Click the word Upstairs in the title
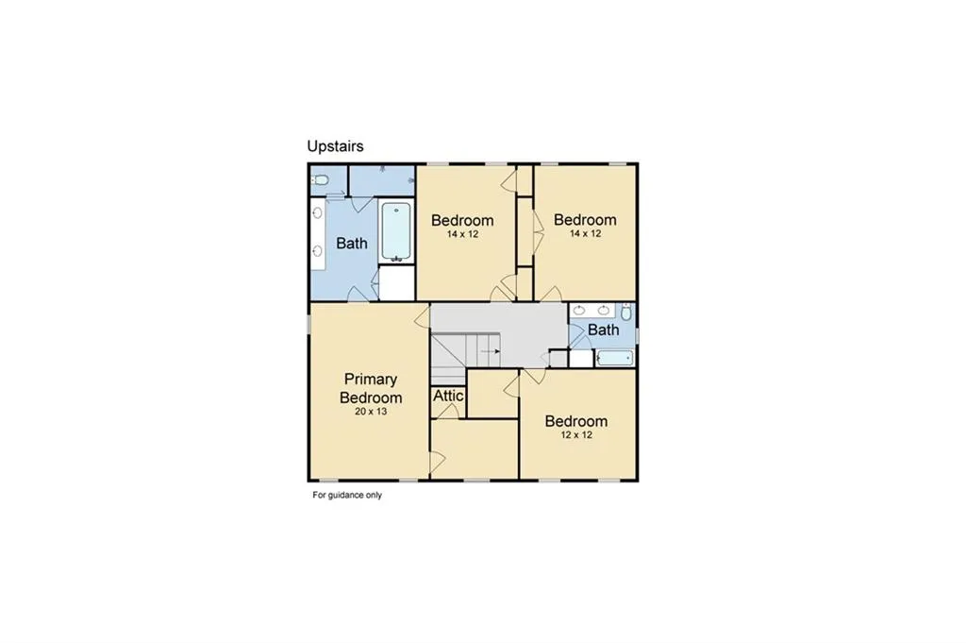pos(335,146)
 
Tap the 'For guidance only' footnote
pos(347,495)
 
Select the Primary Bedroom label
pos(371,388)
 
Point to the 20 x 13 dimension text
pos(371,413)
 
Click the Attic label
pos(448,396)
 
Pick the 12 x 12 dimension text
pos(575,435)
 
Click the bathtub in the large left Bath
pos(396,231)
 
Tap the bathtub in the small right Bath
pos(615,358)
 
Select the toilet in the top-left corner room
pos(320,179)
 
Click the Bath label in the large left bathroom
pos(352,244)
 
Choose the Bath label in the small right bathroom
pos(603,330)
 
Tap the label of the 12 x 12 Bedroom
pos(575,421)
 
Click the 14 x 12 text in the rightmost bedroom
pos(585,233)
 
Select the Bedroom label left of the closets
pos(462,220)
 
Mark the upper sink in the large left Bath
pos(317,215)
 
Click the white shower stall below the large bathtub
pos(396,283)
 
